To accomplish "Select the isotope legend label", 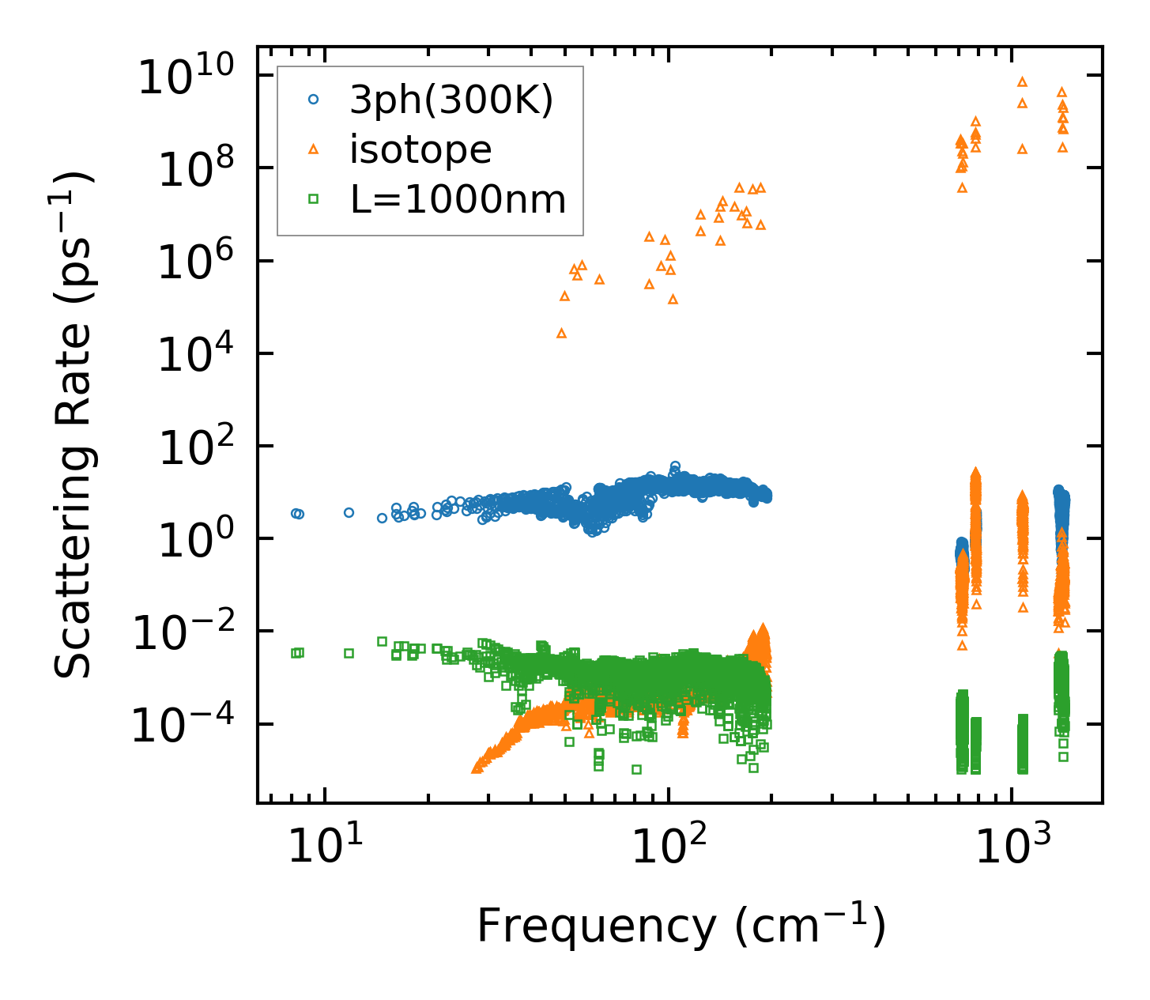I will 420,149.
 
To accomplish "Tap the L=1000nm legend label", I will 458,200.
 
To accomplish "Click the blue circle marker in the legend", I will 313,100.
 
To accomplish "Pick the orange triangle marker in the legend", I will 313,149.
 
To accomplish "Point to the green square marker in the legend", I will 313,199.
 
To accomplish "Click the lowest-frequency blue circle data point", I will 296,513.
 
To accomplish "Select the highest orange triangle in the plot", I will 1022,81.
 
